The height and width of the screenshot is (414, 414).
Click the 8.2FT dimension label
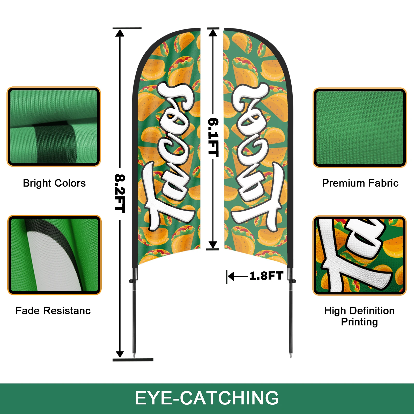[x=120, y=194]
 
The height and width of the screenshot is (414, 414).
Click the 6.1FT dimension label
[x=213, y=137]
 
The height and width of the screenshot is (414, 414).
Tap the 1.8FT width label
[x=266, y=276]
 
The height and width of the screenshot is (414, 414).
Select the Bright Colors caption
[x=54, y=183]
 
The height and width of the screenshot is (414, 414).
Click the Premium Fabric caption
[x=360, y=183]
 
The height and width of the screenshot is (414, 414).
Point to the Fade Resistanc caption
[x=53, y=311]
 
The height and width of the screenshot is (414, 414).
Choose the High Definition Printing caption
[x=359, y=316]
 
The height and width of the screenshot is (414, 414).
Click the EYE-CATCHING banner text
[x=207, y=398]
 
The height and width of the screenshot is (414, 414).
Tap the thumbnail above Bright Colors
[x=54, y=127]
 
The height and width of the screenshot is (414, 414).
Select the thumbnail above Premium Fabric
[x=360, y=128]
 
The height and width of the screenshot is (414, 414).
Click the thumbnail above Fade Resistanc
[x=54, y=255]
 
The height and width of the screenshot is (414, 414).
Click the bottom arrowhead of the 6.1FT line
[x=213, y=245]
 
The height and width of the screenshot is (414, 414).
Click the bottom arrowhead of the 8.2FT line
[x=120, y=354]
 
